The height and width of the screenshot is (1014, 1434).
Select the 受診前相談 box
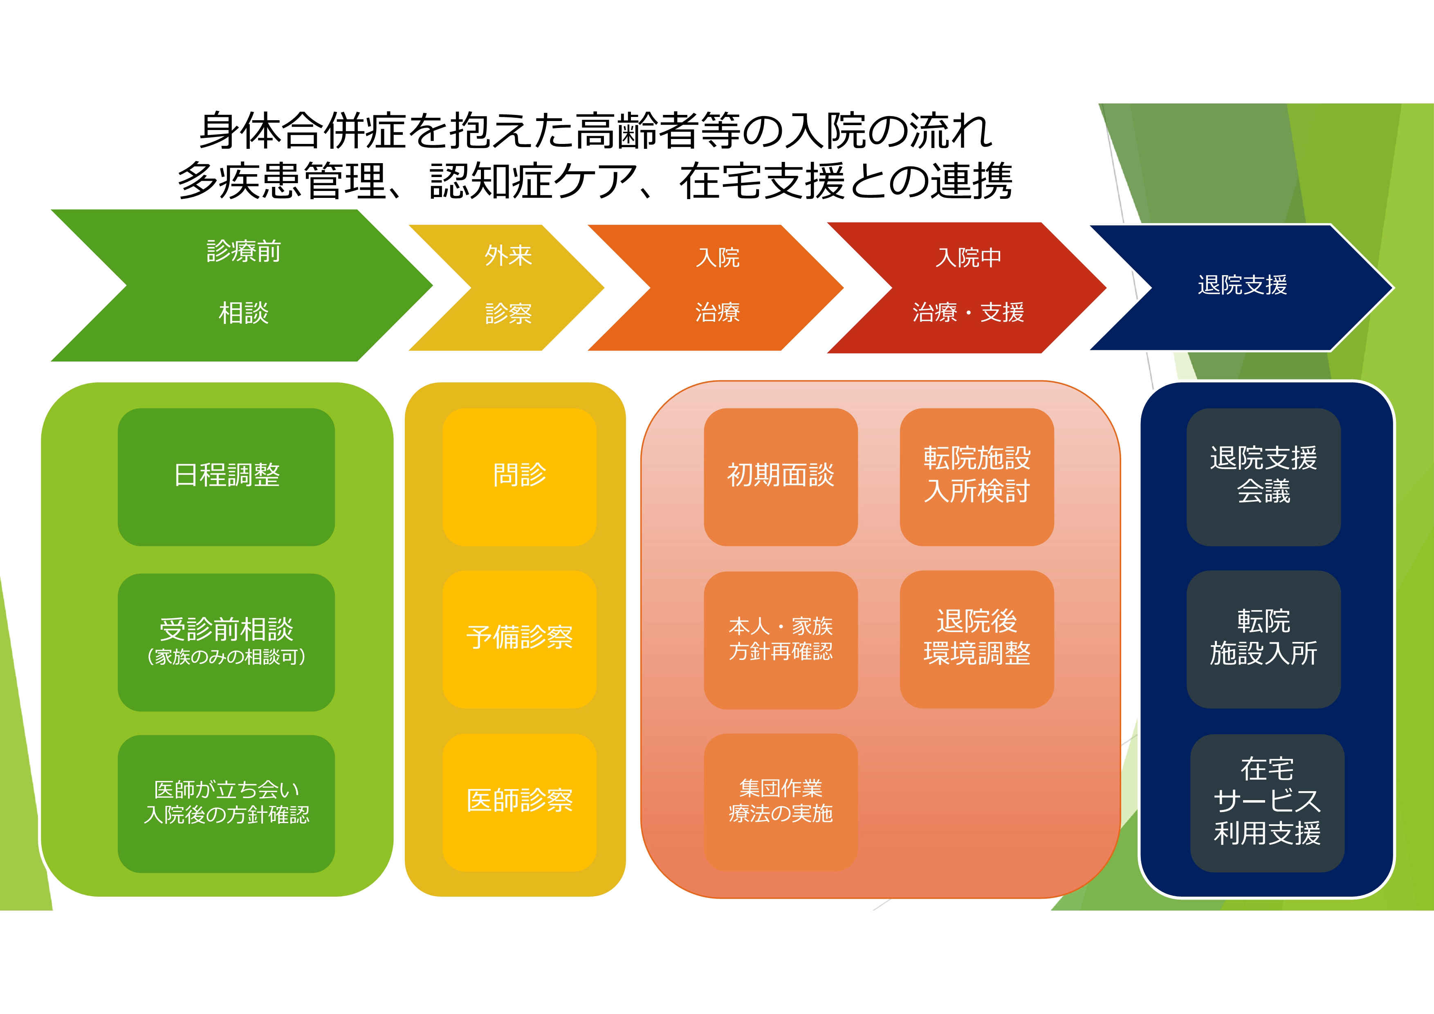tap(226, 642)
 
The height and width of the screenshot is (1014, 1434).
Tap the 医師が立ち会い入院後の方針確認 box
tap(226, 803)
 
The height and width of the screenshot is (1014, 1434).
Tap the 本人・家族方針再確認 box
tap(780, 639)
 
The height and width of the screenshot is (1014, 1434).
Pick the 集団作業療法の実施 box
tap(780, 802)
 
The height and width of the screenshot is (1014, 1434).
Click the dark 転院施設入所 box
tap(1263, 639)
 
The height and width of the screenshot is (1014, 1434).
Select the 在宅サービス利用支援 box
tap(1267, 802)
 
